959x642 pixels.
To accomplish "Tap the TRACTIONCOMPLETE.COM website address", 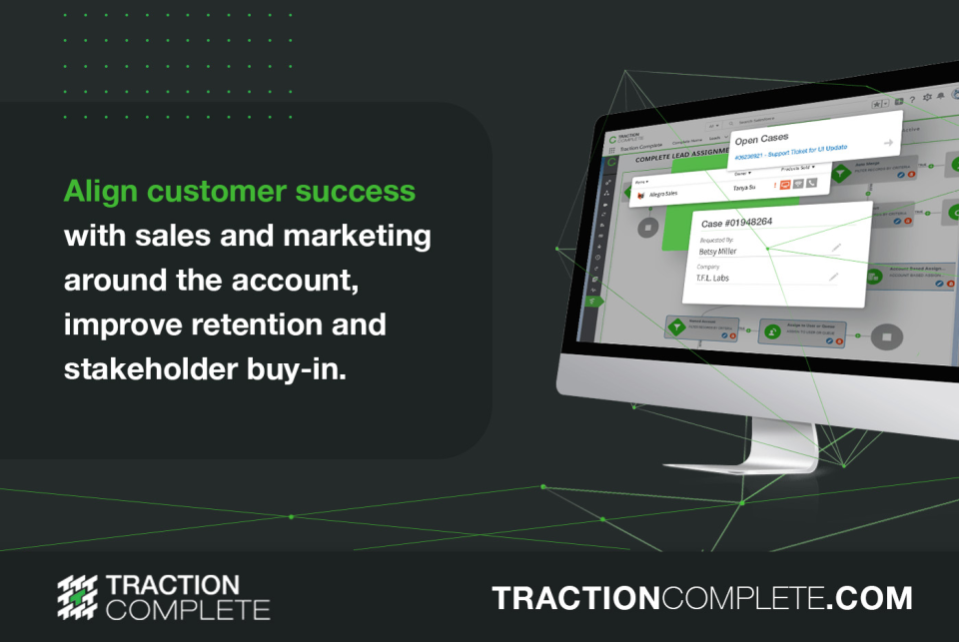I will click(701, 598).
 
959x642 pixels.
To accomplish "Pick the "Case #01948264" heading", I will click(740, 222).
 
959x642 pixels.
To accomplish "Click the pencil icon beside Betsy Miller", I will click(836, 247).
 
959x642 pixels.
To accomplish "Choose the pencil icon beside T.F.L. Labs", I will click(832, 277).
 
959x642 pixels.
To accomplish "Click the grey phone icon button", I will click(812, 182).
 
